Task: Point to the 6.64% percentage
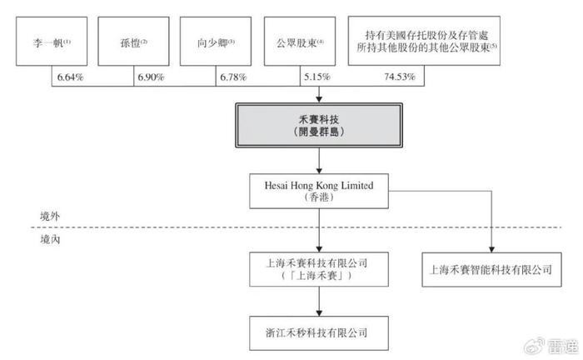tap(70, 77)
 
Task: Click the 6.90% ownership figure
tap(151, 77)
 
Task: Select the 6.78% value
tap(233, 77)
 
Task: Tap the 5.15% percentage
tap(317, 77)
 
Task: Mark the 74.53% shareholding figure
tap(400, 77)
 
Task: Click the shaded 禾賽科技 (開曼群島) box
tap(319, 125)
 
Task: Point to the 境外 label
tap(50, 217)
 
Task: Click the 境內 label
tap(50, 239)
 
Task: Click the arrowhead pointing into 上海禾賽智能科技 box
tap(491, 249)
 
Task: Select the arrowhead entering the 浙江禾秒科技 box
tap(319, 313)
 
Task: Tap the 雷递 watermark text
tap(563, 347)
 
